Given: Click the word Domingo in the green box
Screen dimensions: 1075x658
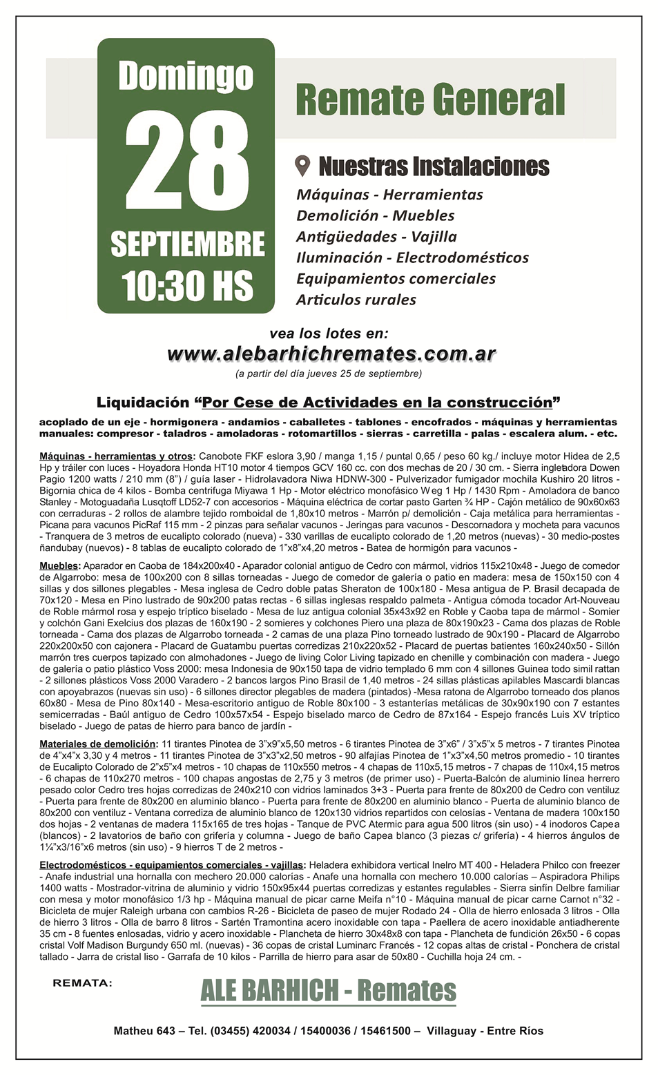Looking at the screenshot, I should point(186,76).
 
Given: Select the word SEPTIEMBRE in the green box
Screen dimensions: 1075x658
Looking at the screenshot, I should point(187,244).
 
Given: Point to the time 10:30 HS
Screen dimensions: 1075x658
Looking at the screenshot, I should point(187,285).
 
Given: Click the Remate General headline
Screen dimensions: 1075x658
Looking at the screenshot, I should point(430,100).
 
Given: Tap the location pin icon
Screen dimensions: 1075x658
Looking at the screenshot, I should point(302,166).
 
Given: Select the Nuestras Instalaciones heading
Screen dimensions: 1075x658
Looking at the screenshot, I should point(434,166).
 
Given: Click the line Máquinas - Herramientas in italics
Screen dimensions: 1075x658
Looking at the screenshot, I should point(389,195).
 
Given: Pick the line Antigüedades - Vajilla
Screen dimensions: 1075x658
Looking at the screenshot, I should point(376,237).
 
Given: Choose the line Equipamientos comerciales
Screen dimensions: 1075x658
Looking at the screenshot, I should point(396,279).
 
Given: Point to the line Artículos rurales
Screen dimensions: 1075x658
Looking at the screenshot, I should point(356,300).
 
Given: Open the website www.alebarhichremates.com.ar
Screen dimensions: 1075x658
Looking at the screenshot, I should point(331,354).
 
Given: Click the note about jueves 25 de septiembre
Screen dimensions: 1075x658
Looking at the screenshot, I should point(329,374).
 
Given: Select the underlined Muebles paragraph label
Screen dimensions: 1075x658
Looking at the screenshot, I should point(59,566).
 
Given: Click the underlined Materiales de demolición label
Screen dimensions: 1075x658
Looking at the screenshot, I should point(98,744).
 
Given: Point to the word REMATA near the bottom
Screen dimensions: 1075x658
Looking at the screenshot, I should point(82,983).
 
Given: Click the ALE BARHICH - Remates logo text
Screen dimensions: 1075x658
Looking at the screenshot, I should point(328,991).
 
